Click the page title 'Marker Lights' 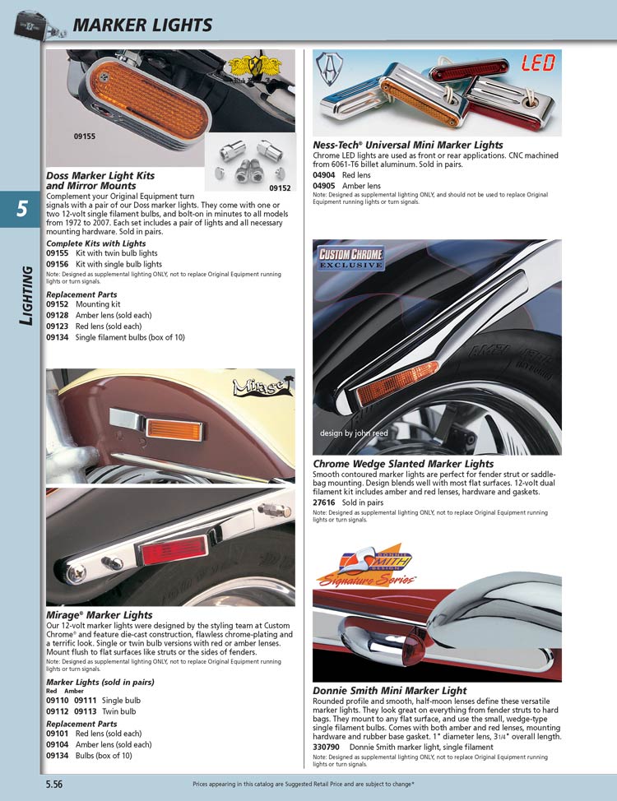pos(142,25)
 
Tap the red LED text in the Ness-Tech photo pos(537,63)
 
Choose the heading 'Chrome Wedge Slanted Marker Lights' pos(403,464)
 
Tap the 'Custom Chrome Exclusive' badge pos(351,258)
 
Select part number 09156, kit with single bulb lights pos(57,265)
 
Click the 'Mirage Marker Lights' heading pos(100,615)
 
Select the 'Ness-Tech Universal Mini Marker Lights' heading pos(408,146)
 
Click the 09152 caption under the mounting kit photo pos(280,188)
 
